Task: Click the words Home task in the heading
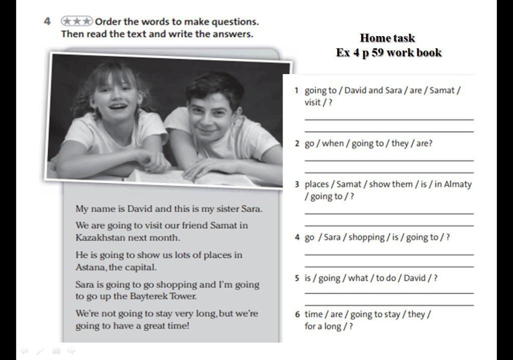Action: pyautogui.click(x=387, y=38)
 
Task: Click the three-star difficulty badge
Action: pyautogui.click(x=77, y=21)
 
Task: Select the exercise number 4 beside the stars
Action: pyautogui.click(x=48, y=22)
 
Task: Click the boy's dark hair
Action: pyautogui.click(x=214, y=85)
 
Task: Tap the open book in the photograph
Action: pyautogui.click(x=193, y=177)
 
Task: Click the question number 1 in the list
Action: pyautogui.click(x=297, y=91)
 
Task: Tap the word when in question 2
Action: pyautogui.click(x=333, y=143)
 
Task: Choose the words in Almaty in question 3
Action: pyautogui.click(x=453, y=184)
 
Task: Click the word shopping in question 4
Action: pyautogui.click(x=366, y=237)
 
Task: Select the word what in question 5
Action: pyautogui.click(x=358, y=278)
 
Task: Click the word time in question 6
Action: pyautogui.click(x=314, y=314)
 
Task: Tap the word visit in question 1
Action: pyautogui.click(x=313, y=102)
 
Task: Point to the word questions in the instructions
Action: pyautogui.click(x=235, y=22)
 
